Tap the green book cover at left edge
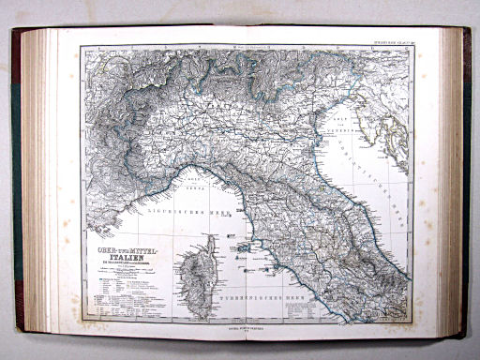coord(16,187)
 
